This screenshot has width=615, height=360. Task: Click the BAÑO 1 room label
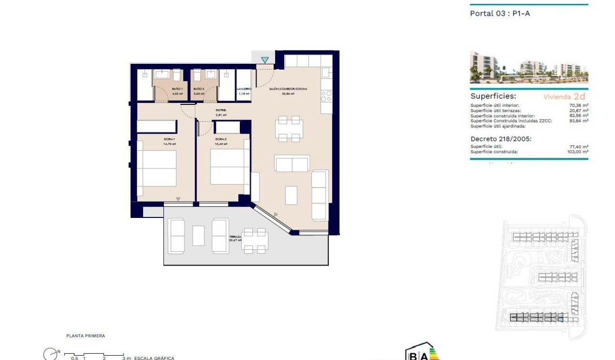(177, 89)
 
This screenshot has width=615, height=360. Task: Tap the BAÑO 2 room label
(199, 89)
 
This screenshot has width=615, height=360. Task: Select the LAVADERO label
(244, 89)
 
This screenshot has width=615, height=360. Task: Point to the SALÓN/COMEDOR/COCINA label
(287, 89)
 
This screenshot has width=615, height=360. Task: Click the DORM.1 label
(170, 139)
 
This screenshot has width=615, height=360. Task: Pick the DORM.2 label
(220, 139)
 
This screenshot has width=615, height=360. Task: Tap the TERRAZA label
(235, 237)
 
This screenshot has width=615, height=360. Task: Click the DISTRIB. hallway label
(221, 110)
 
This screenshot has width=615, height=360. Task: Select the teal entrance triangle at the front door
(265, 60)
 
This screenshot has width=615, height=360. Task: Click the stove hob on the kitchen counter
(326, 96)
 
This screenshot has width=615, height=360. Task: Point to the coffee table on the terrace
(198, 236)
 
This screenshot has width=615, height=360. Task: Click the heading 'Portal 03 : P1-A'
(500, 13)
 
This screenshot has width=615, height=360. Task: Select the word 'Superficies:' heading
(493, 96)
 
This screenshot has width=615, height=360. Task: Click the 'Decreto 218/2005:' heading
(501, 139)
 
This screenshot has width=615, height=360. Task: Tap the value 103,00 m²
(577, 152)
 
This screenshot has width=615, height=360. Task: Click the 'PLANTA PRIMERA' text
(85, 336)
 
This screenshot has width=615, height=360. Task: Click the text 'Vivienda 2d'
(564, 96)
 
